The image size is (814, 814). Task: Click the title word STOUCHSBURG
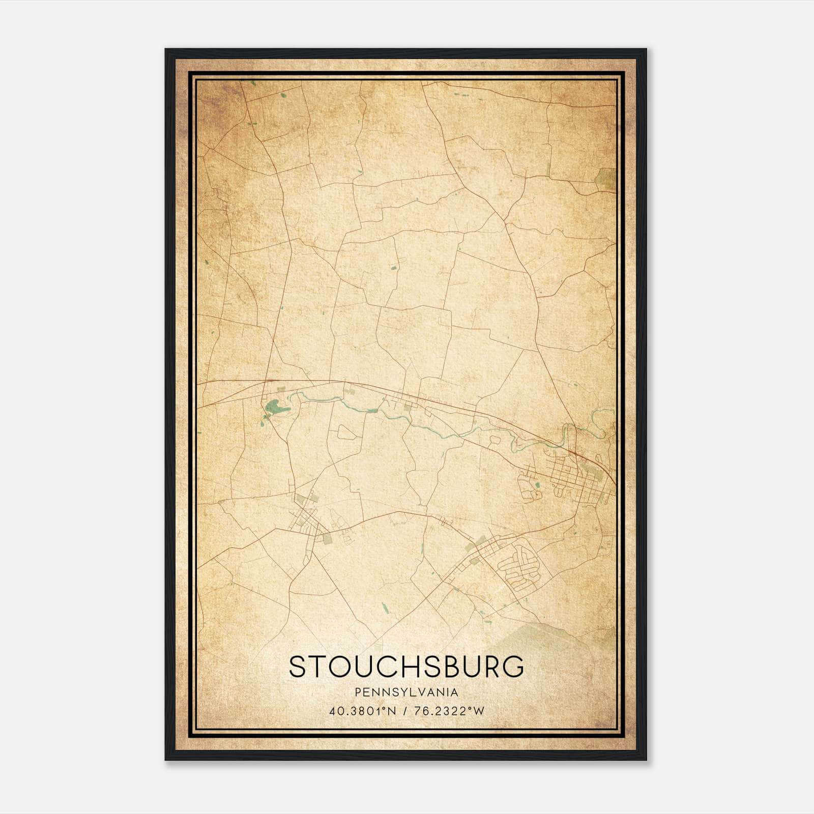point(406,666)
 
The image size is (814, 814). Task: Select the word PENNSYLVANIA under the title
point(407,692)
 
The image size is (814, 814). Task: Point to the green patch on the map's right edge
point(605,177)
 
